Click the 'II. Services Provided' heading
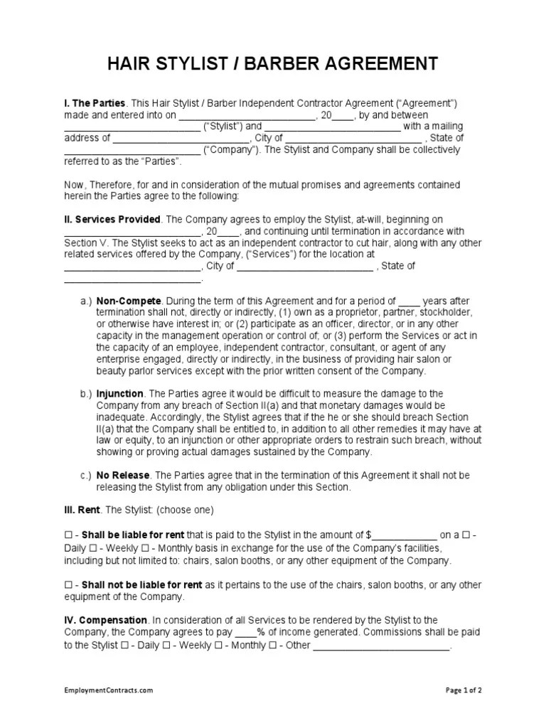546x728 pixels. point(113,220)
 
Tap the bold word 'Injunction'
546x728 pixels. point(120,394)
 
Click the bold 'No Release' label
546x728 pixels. point(124,475)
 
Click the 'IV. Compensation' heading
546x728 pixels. point(106,620)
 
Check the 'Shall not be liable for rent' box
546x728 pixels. point(68,585)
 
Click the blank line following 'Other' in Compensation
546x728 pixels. point(382,646)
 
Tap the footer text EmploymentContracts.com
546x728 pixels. point(109,710)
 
